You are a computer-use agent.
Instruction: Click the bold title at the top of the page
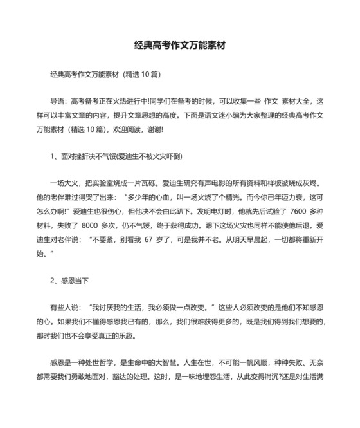click(179, 46)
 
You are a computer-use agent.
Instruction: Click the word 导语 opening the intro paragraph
click(59, 102)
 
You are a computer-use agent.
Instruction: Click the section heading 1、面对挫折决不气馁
click(111, 155)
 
